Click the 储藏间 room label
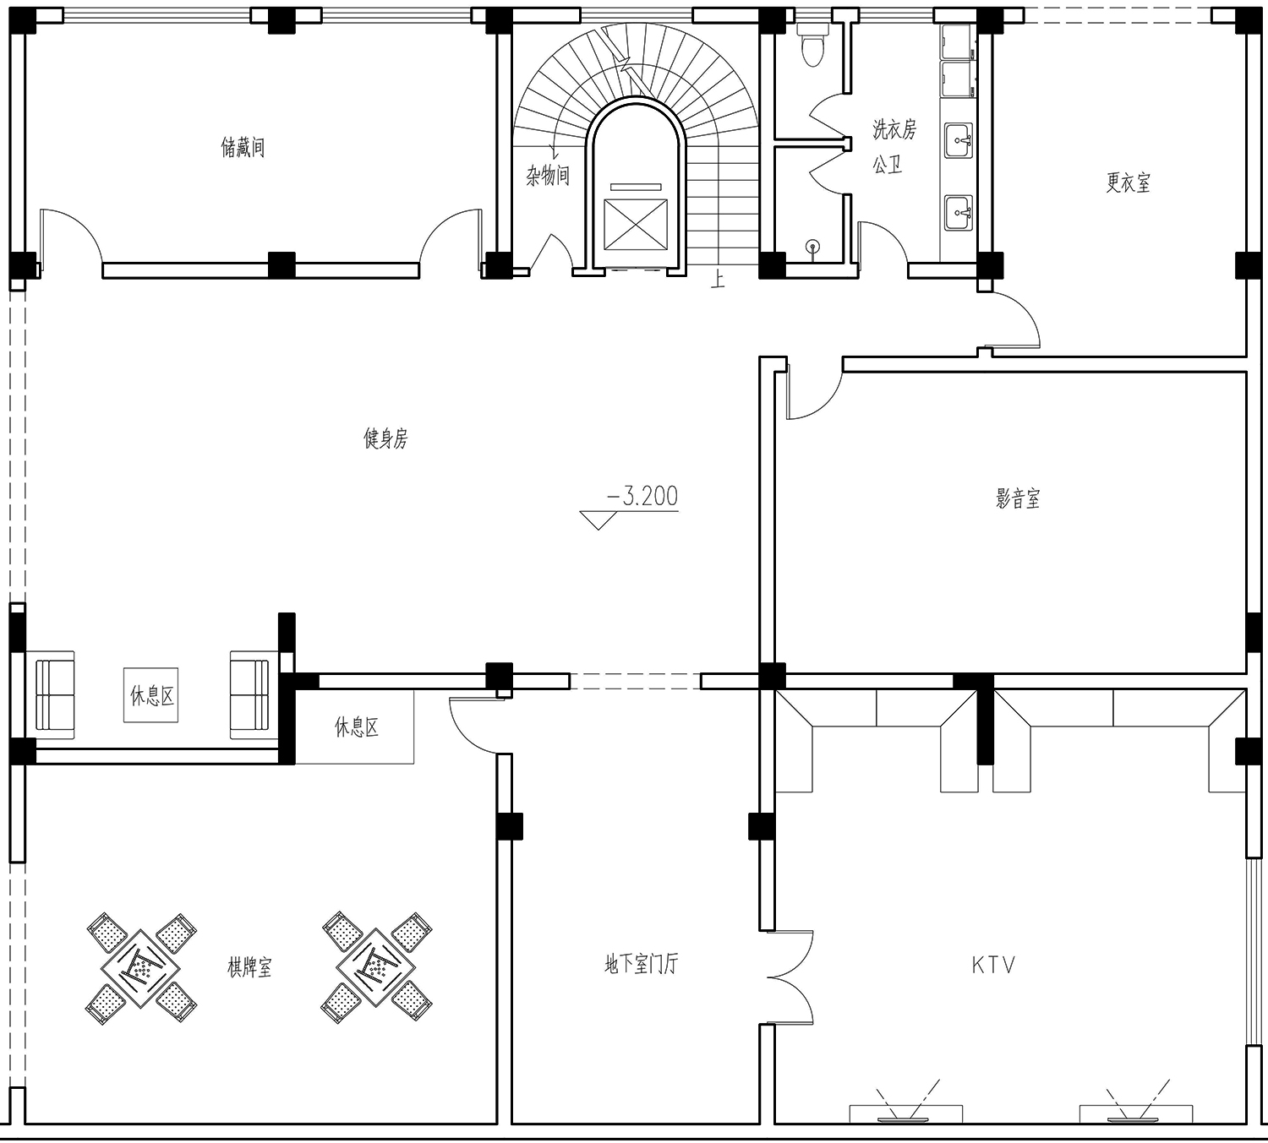pyautogui.click(x=243, y=147)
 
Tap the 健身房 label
pyautogui.click(x=385, y=438)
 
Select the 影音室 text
pyautogui.click(x=1018, y=498)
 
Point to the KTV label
pyautogui.click(x=993, y=965)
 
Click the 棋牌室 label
pyautogui.click(x=249, y=967)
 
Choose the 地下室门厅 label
pyautogui.click(x=641, y=964)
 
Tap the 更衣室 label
pyautogui.click(x=1129, y=182)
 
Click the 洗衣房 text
pyautogui.click(x=894, y=129)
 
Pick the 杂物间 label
pyautogui.click(x=548, y=175)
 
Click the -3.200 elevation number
pyautogui.click(x=642, y=496)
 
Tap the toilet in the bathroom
pyautogui.click(x=812, y=44)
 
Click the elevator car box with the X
pyautogui.click(x=635, y=225)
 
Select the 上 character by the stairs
pyautogui.click(x=718, y=279)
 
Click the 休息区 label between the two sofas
pyautogui.click(x=151, y=696)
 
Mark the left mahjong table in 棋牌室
pyautogui.click(x=141, y=968)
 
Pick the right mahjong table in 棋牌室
pyautogui.click(x=376, y=966)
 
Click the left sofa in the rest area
pyautogui.click(x=54, y=694)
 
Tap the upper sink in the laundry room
pyautogui.click(x=959, y=139)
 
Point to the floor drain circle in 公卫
pyautogui.click(x=813, y=246)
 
